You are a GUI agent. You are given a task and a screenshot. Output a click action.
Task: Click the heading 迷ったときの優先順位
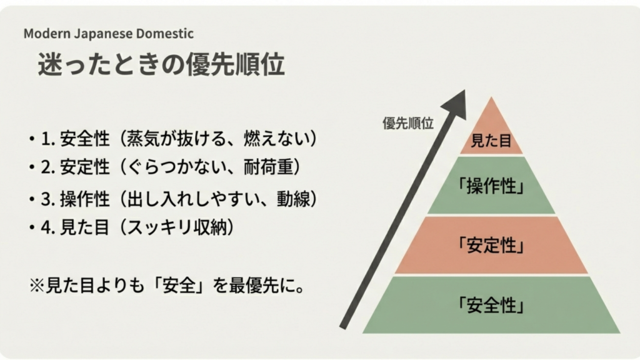pyautogui.click(x=161, y=65)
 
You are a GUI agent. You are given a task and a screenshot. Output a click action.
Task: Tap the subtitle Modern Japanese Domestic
pyautogui.click(x=109, y=34)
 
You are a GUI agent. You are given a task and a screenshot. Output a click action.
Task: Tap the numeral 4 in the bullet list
pyautogui.click(x=45, y=228)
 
